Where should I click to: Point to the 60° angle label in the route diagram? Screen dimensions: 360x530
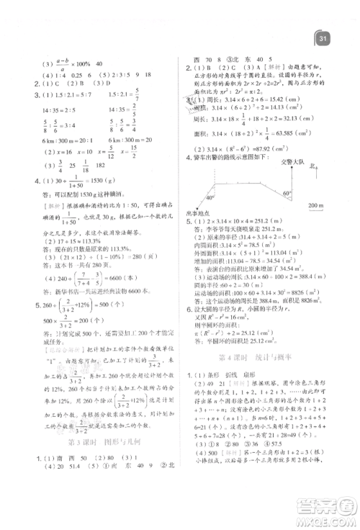point(285,193)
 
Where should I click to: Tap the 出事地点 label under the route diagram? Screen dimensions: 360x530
point(192,215)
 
